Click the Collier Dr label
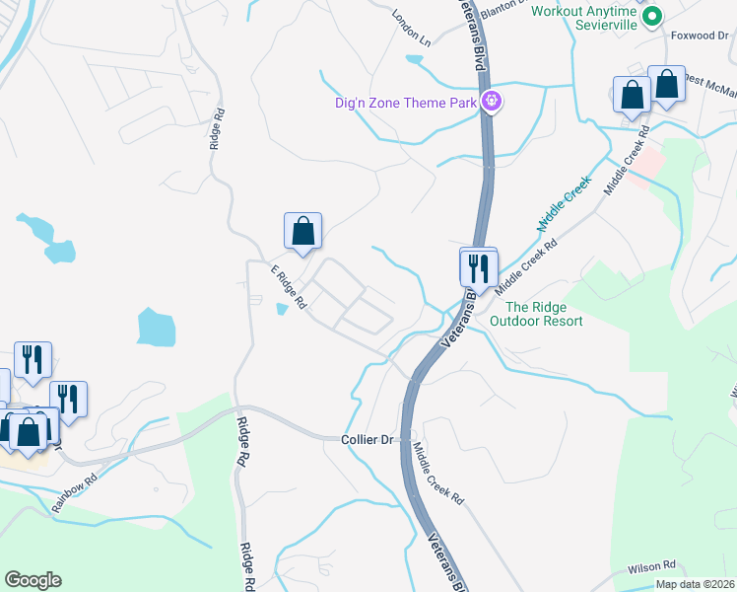[x=368, y=439]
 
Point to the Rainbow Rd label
[x=75, y=494]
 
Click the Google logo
[x=33, y=580]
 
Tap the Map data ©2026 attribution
[x=696, y=584]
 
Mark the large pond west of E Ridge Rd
[x=156, y=327]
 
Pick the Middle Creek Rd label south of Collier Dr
[x=437, y=474]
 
